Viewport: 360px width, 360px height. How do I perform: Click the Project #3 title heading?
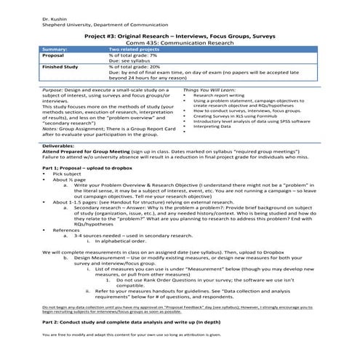click(179, 34)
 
